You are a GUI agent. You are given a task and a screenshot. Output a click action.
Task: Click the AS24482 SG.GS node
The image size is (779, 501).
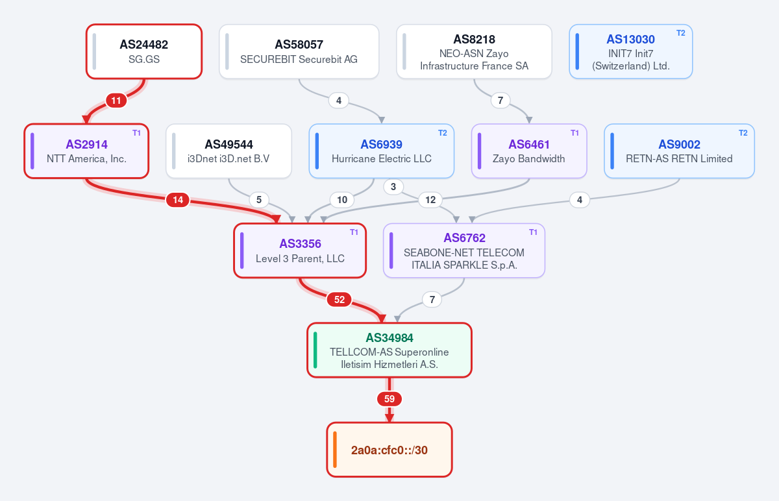point(144,51)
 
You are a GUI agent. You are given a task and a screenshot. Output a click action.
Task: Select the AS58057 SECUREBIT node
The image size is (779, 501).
point(299,51)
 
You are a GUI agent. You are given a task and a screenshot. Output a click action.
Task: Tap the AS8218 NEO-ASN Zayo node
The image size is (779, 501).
point(474,51)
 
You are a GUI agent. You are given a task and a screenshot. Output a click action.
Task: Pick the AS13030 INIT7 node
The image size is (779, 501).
point(630,51)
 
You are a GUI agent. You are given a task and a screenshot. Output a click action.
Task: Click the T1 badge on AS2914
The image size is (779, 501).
point(137,133)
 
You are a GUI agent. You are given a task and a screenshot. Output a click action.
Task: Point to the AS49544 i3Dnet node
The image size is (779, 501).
point(229,151)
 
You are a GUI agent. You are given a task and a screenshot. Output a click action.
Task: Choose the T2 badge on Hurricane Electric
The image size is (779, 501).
point(442,133)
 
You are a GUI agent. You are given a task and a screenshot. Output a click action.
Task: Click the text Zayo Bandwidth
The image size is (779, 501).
point(528,158)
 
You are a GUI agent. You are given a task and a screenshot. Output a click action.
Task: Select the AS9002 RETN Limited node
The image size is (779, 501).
point(679,151)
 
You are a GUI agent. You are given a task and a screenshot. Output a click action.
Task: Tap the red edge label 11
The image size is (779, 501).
point(116,101)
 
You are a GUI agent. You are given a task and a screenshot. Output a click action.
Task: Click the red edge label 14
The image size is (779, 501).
point(178,200)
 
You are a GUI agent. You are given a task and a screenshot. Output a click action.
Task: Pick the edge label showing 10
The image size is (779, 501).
point(342,200)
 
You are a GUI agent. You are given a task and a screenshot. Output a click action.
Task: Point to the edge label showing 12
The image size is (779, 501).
point(430,200)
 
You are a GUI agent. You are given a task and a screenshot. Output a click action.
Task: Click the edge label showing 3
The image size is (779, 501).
point(393,187)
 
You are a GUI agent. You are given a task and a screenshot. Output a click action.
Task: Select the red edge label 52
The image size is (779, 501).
point(340,299)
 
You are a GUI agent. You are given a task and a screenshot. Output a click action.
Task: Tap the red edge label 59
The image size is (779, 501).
point(389,398)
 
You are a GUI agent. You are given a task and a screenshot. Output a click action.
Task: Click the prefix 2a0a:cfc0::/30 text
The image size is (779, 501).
point(389,450)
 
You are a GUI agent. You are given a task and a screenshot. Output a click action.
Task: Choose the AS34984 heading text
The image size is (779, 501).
point(389,337)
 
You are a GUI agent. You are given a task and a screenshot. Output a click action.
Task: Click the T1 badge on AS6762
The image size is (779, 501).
point(533,232)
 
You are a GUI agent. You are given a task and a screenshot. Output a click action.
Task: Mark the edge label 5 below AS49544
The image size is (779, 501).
point(259,200)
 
